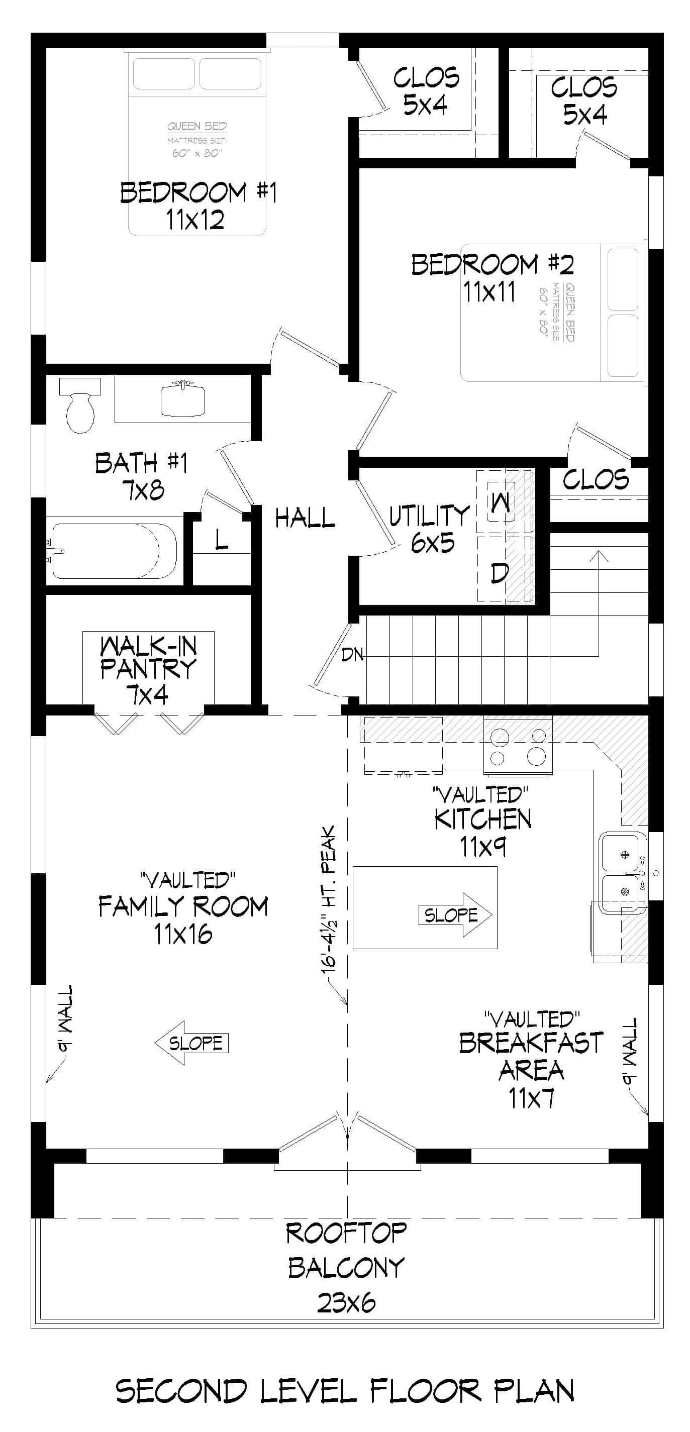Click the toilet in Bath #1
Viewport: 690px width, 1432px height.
click(79, 406)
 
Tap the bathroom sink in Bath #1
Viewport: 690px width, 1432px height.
click(182, 399)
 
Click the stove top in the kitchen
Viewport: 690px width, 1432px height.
click(518, 746)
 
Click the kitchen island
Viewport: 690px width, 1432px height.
click(425, 906)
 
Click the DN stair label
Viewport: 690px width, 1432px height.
click(352, 655)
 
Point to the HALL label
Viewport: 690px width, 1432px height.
click(305, 518)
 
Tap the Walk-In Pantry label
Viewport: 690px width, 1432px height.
click(148, 670)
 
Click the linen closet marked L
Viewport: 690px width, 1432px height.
click(221, 539)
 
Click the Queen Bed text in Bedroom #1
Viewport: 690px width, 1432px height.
click(198, 126)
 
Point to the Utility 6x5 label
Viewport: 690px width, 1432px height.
click(430, 529)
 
